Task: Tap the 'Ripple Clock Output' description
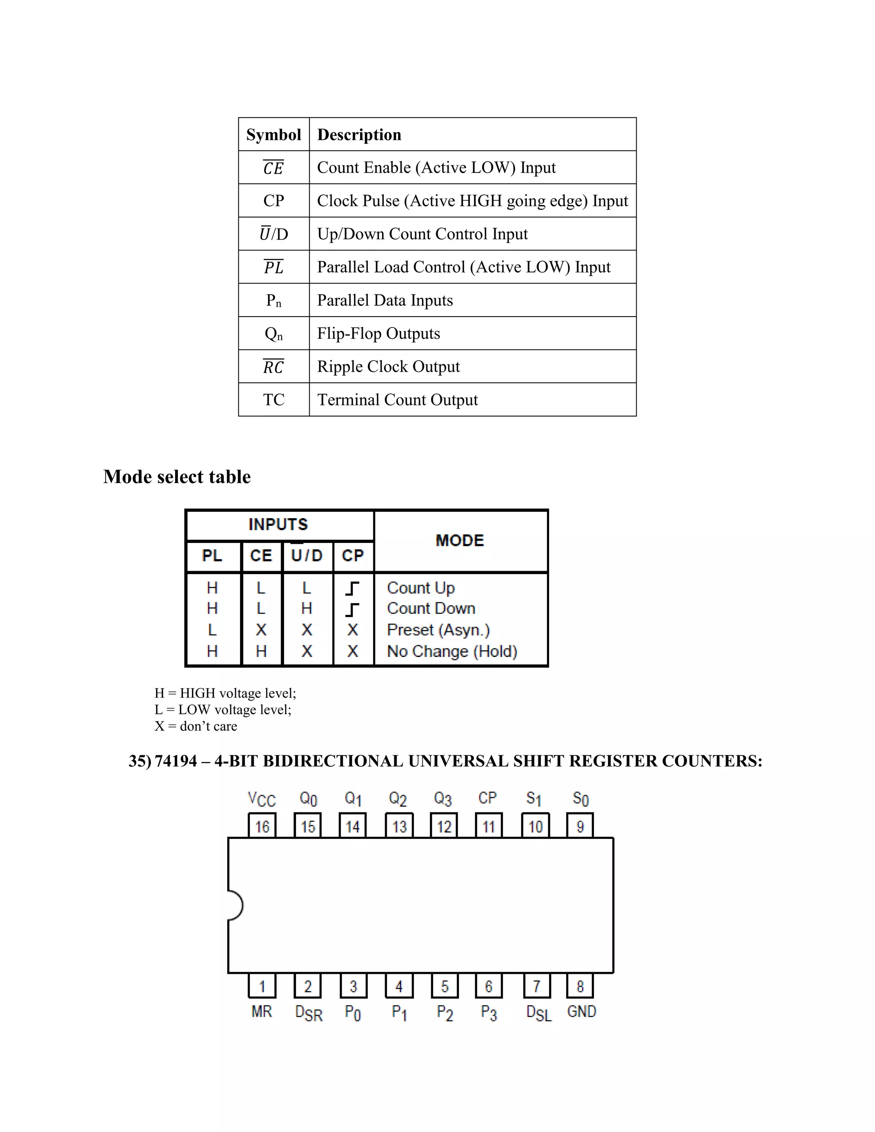pos(388,367)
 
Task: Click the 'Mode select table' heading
pos(177,477)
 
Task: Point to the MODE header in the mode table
pos(460,541)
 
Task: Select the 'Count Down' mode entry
pos(431,608)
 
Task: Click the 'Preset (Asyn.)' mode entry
pos(438,630)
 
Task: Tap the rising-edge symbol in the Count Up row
pos(352,588)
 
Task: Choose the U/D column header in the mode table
pos(307,556)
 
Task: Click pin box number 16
pos(262,826)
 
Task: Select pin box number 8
pos(580,986)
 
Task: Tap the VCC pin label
pos(262,799)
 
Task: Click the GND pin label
pos(581,1011)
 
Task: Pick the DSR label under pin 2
pos(308,1013)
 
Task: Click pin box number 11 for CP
pos(489,826)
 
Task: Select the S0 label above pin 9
pos(581,799)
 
